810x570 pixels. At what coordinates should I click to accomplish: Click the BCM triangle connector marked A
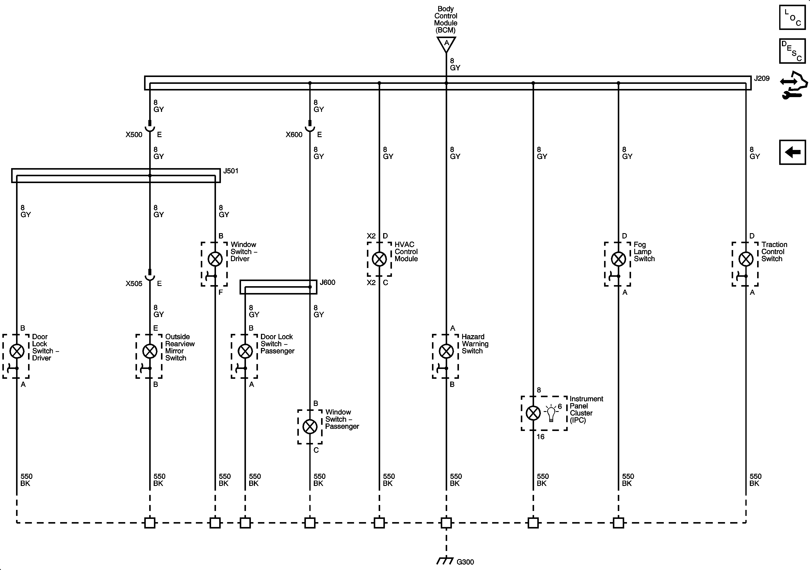click(446, 44)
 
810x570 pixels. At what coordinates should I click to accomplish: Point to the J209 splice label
click(762, 78)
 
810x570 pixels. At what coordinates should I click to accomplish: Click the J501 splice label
click(231, 171)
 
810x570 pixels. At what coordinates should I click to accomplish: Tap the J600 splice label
click(327, 282)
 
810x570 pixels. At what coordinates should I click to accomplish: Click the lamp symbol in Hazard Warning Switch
click(446, 351)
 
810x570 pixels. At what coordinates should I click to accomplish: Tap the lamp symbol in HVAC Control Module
click(379, 259)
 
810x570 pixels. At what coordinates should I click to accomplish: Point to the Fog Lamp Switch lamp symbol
click(618, 259)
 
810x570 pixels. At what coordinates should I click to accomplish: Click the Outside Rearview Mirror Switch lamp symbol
click(150, 351)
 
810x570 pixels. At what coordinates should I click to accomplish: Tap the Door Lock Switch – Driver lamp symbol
click(16, 351)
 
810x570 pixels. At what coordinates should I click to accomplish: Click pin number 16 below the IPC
click(540, 437)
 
